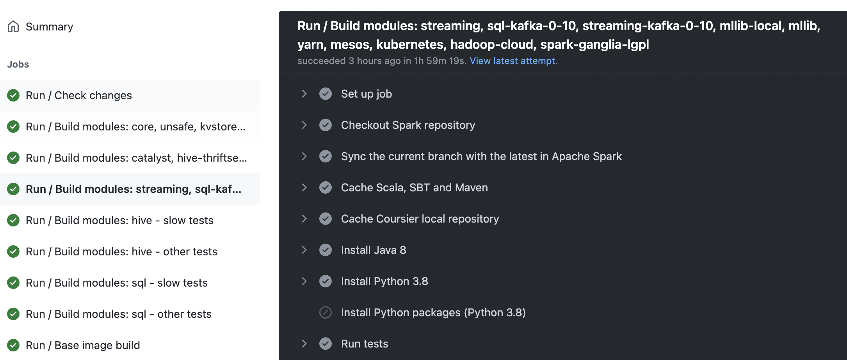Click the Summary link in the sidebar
(x=49, y=27)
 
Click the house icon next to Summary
(x=13, y=27)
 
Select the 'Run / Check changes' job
(x=79, y=95)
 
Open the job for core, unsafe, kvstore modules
(x=135, y=127)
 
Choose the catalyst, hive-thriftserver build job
(x=136, y=158)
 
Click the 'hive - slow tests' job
(x=119, y=220)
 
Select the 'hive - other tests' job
(x=121, y=251)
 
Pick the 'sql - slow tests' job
(x=116, y=283)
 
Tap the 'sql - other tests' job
(x=118, y=314)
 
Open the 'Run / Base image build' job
(x=83, y=345)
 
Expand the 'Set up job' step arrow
(x=304, y=94)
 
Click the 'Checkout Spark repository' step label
(x=408, y=125)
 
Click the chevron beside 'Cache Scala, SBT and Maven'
(x=304, y=187)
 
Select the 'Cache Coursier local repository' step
(x=420, y=219)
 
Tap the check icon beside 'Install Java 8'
(x=326, y=250)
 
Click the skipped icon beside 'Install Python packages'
(x=326, y=312)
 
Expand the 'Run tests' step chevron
(x=304, y=344)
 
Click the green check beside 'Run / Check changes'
(x=13, y=95)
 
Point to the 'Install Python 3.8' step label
(x=384, y=281)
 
